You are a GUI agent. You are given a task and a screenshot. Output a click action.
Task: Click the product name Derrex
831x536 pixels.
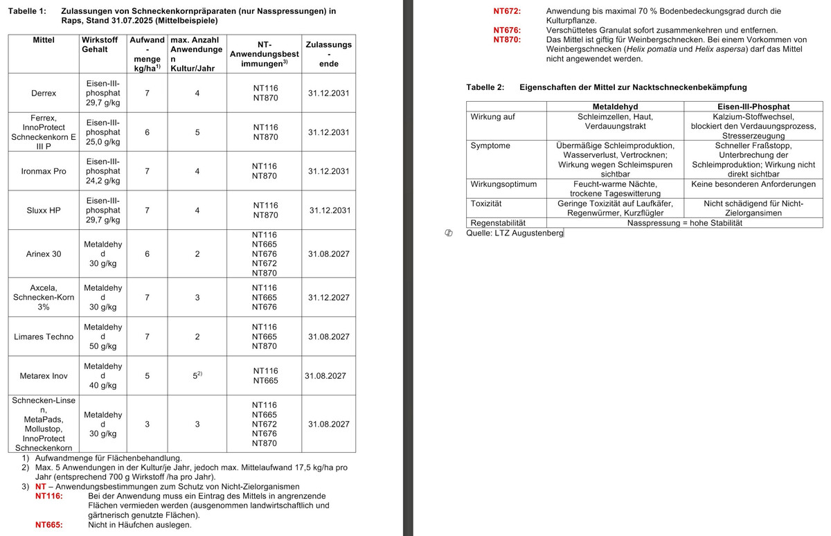pos(44,93)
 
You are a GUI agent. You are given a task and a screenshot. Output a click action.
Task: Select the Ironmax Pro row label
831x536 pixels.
pos(44,171)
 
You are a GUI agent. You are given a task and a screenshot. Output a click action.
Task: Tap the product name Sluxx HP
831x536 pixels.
pos(44,210)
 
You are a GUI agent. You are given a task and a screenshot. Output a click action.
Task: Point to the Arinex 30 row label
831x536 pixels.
pos(44,254)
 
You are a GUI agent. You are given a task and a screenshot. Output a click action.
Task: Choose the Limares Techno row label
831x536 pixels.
pos(44,337)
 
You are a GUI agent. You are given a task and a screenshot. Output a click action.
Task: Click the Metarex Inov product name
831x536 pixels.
pos(44,376)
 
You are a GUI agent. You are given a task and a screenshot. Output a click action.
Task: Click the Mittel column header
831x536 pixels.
pos(44,40)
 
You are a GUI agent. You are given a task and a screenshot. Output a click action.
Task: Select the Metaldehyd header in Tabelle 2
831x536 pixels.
pos(615,107)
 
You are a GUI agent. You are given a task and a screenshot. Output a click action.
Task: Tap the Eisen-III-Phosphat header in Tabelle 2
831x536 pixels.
pos(753,107)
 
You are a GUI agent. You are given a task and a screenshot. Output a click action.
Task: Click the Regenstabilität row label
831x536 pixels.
pos(498,223)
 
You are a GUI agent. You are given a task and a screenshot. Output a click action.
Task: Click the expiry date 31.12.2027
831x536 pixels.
pos(329,298)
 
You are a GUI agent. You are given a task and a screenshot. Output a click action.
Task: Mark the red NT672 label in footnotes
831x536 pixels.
pos(507,11)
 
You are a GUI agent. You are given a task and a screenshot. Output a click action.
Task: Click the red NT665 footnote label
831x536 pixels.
pos(49,525)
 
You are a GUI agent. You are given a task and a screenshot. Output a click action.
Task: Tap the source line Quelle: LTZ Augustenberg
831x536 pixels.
pos(515,233)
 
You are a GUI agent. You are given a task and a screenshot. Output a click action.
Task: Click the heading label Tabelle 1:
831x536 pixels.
pos(27,11)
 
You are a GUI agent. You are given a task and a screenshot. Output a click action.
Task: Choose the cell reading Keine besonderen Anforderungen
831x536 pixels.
pos(753,184)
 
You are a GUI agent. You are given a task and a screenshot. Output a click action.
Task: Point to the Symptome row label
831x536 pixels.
pos(490,145)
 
